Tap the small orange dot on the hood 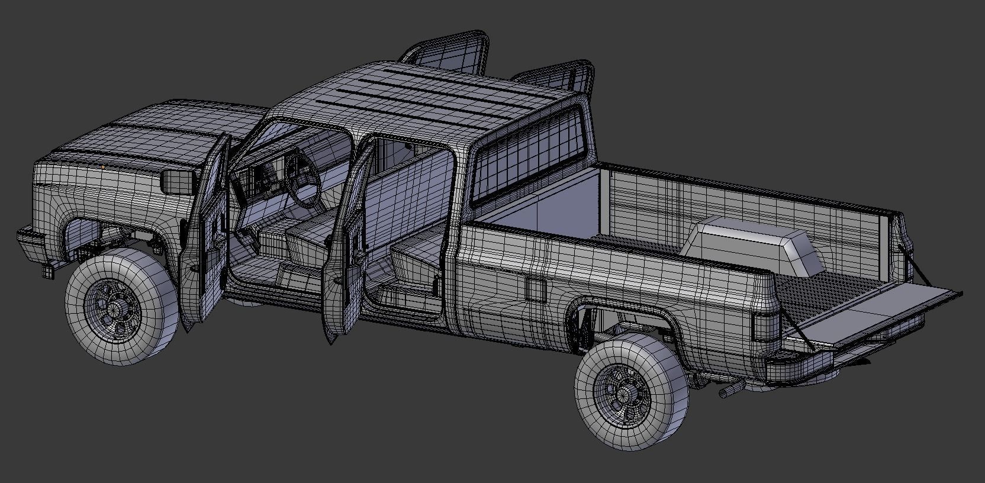(104, 168)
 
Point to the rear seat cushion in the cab (414, 260)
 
